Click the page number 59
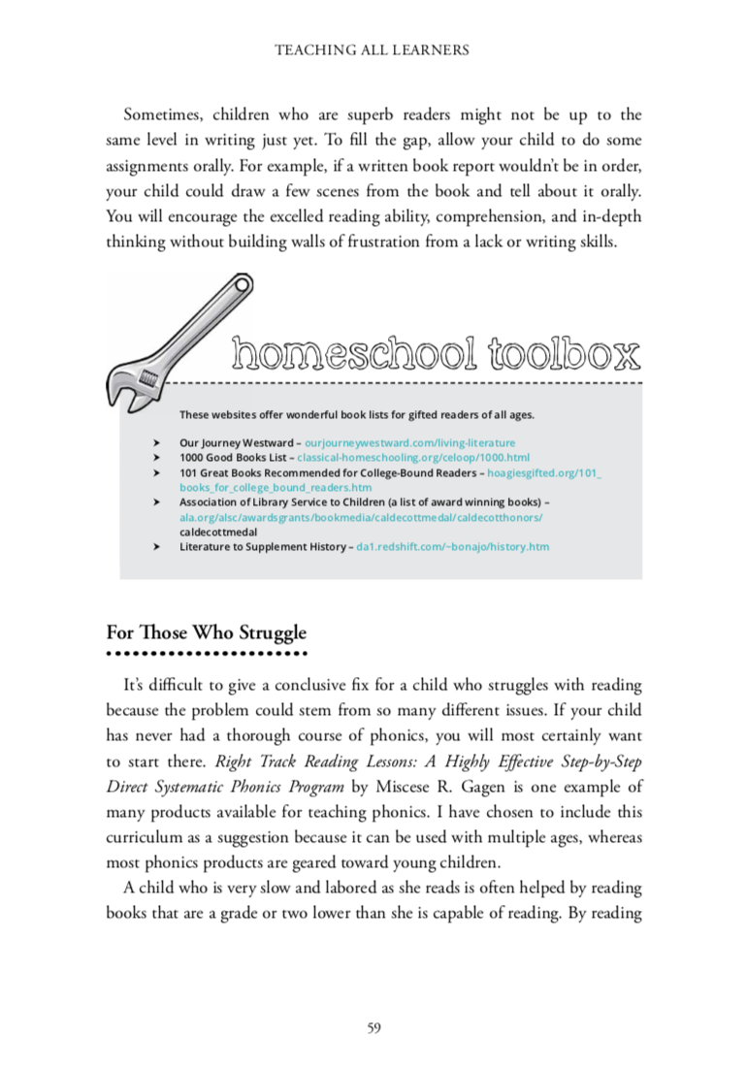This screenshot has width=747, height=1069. pos(373,1028)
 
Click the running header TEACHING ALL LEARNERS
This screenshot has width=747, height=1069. pos(373,49)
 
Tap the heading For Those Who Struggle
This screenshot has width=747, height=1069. pos(206,632)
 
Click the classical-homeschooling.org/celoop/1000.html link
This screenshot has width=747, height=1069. pos(413,457)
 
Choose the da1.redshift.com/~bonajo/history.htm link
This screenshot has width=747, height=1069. pos(453,547)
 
